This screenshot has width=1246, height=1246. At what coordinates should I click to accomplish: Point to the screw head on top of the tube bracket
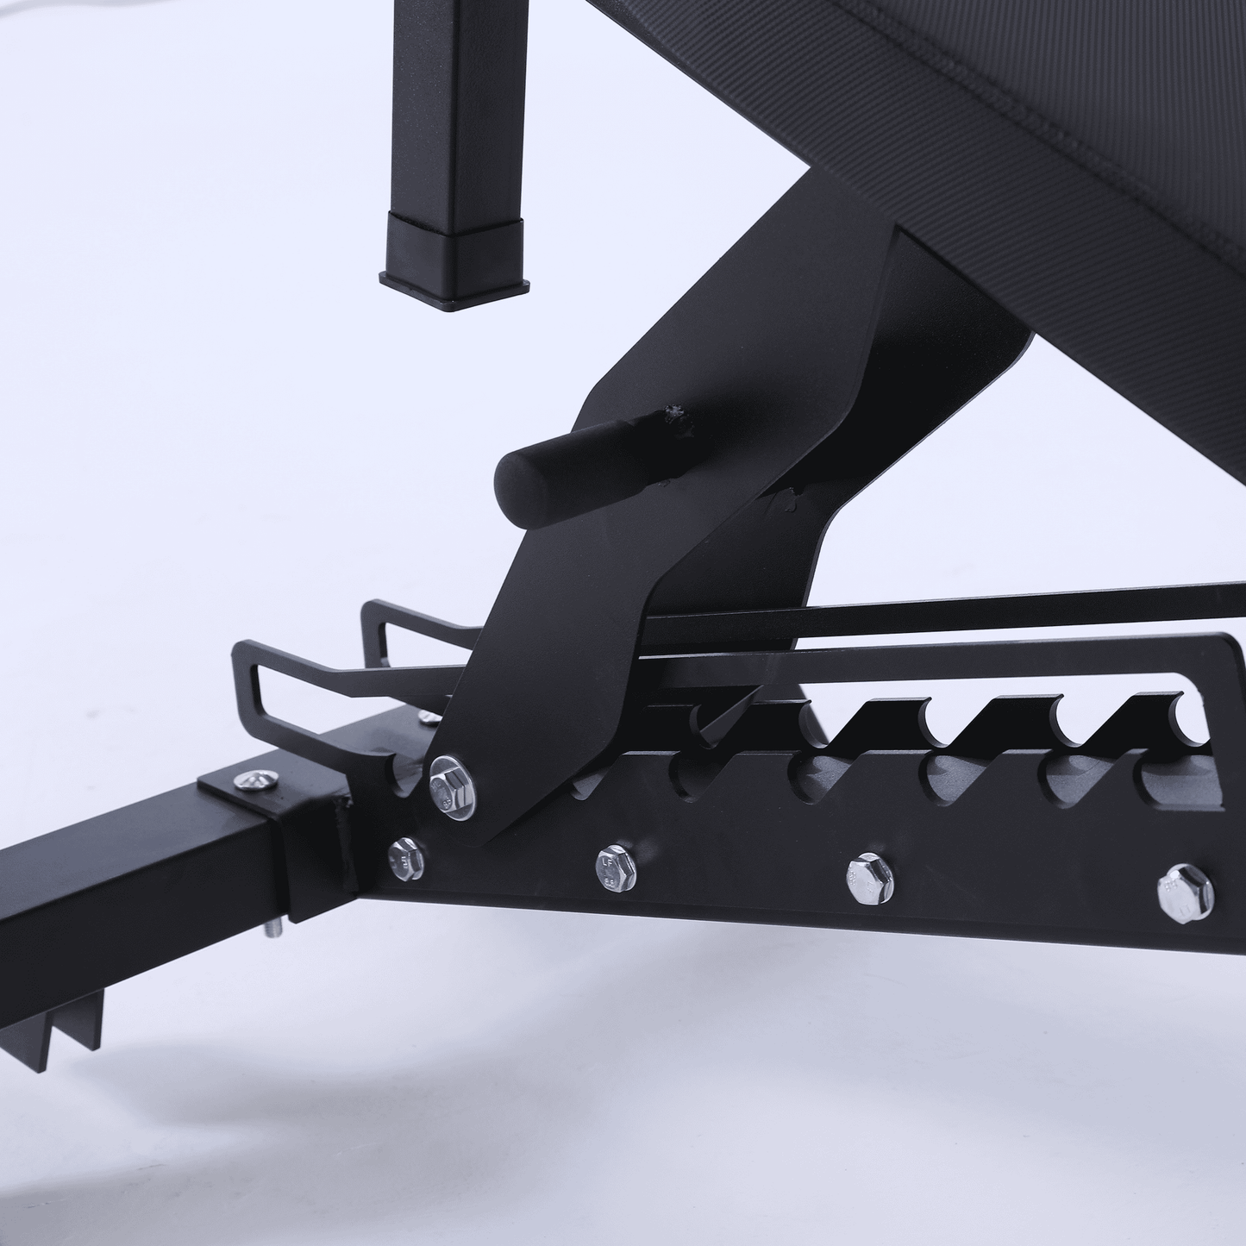[x=259, y=780]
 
